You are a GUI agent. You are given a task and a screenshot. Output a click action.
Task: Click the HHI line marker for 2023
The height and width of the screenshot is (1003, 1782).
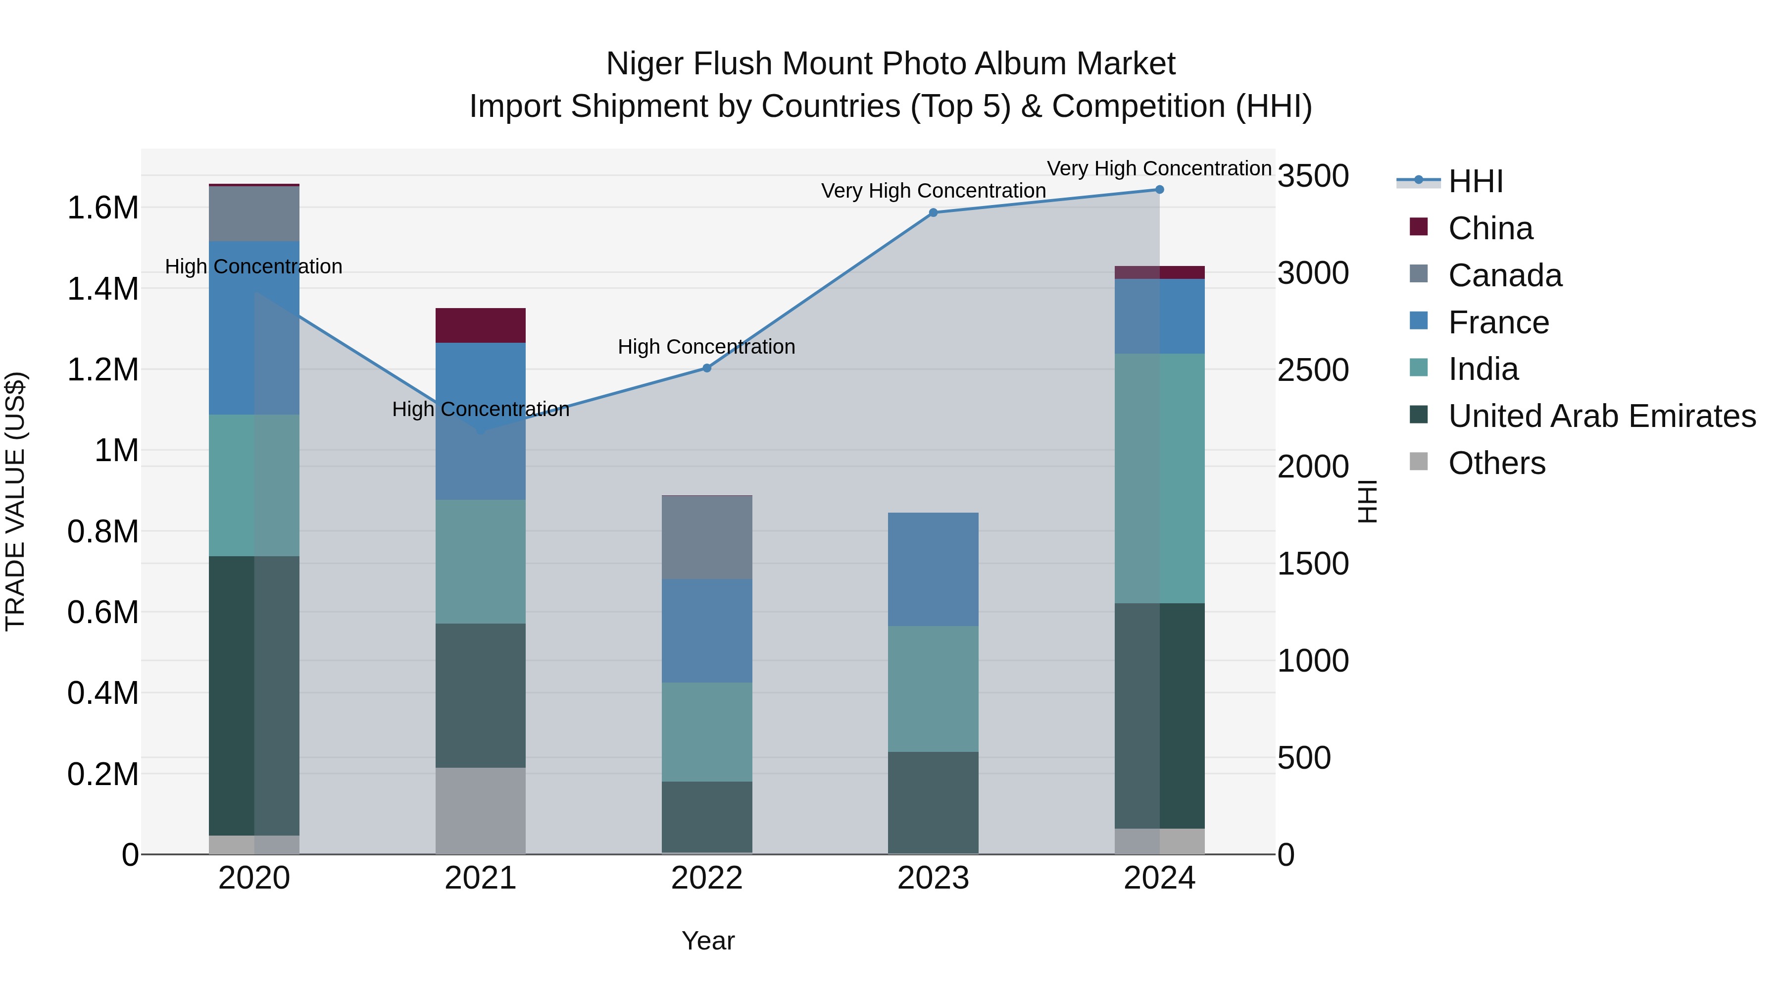[x=933, y=212]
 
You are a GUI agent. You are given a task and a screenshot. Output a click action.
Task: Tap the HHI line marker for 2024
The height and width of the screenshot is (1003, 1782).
[x=1159, y=190]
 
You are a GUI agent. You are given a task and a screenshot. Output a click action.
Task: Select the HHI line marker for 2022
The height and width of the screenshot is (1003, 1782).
[x=707, y=368]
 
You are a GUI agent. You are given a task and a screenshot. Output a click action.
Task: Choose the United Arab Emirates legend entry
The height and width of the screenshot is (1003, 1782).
[x=1601, y=416]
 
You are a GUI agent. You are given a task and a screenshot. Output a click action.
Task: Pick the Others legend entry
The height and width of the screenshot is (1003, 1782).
[x=1496, y=463]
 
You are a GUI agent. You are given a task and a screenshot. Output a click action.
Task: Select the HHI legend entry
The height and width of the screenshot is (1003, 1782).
[x=1475, y=181]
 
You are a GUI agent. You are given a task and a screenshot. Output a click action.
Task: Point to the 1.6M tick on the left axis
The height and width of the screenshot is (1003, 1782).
[x=103, y=208]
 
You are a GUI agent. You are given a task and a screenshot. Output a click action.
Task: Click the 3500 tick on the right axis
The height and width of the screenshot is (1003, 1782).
[x=1312, y=176]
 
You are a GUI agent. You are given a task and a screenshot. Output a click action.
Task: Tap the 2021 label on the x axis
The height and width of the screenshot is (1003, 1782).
[x=480, y=878]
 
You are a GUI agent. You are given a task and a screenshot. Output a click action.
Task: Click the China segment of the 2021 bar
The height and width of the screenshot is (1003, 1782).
[x=480, y=325]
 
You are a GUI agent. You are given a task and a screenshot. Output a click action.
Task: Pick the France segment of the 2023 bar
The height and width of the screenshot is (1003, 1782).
[x=933, y=569]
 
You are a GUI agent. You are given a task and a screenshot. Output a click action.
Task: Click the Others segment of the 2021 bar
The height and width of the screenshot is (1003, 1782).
[x=480, y=810]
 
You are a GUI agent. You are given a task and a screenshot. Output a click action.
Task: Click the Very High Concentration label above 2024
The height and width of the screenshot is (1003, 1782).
[x=1159, y=168]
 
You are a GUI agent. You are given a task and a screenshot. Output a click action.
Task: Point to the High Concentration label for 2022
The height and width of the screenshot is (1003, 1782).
[x=706, y=346]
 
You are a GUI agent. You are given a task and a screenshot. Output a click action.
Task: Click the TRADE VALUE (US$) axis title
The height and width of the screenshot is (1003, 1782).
[x=15, y=501]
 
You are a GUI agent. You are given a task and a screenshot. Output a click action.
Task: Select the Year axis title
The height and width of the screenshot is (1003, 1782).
[x=708, y=941]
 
